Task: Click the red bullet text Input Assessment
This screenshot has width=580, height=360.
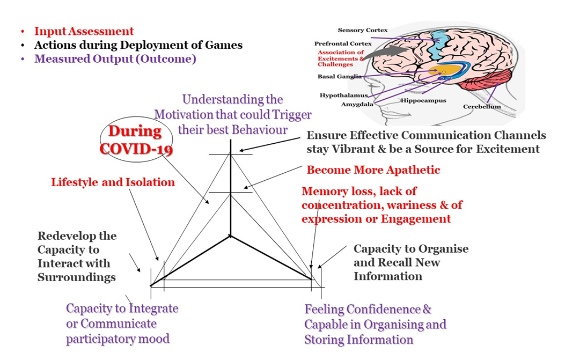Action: [84, 31]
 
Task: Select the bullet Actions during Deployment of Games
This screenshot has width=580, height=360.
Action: [138, 45]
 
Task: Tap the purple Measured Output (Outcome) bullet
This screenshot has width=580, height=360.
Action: [115, 59]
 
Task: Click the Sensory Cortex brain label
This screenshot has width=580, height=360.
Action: [363, 30]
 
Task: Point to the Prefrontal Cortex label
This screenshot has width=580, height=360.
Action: [343, 43]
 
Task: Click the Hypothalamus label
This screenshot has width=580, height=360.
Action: [343, 95]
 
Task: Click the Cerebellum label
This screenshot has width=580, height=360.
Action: [482, 107]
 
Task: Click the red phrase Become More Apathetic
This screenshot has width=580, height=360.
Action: [373, 170]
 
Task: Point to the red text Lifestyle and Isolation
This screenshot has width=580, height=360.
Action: [113, 182]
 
